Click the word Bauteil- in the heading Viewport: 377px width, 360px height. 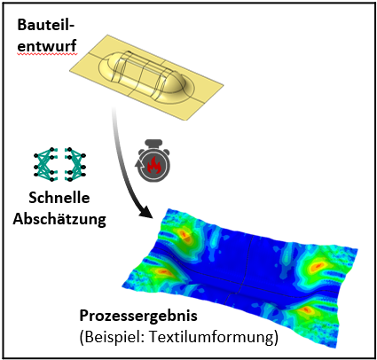(x=46, y=25)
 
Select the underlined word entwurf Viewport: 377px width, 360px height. (x=47, y=46)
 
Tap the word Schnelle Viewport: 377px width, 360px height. (x=59, y=198)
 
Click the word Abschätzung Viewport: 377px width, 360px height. (x=59, y=219)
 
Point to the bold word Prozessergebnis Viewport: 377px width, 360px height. (x=138, y=317)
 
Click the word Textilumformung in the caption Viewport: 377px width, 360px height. (x=210, y=337)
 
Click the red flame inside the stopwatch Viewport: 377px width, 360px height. (x=154, y=166)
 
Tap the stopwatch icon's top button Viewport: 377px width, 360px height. (x=154, y=141)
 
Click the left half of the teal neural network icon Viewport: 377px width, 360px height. (x=45, y=164)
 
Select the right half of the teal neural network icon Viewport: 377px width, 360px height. (x=75, y=164)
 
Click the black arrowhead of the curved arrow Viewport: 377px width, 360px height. (x=145, y=213)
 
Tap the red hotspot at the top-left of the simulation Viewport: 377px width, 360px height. (x=185, y=235)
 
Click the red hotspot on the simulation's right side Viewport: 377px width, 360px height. (x=316, y=267)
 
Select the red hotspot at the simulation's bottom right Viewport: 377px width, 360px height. (x=304, y=309)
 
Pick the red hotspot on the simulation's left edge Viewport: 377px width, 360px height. (x=162, y=271)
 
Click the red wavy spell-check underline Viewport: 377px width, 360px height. (x=47, y=54)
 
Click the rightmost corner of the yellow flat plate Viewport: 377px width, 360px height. (x=224, y=86)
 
